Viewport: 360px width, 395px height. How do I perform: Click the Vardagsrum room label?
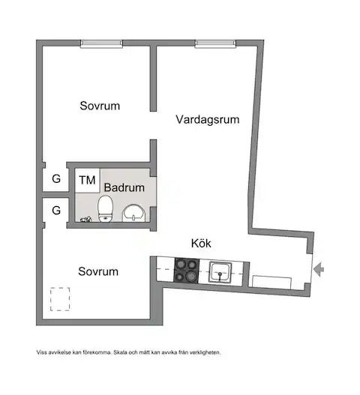pos(208,119)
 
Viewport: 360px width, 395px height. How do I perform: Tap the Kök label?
pos(201,244)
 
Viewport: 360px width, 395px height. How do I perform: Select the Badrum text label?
pos(124,187)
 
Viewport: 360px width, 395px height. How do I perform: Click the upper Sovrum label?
pos(100,106)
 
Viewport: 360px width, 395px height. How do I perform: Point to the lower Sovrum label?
pos(98,271)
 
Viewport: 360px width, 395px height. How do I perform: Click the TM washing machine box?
pos(87,181)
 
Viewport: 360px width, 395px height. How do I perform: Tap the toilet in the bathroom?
pos(105,209)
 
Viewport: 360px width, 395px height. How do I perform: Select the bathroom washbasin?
pos(133,214)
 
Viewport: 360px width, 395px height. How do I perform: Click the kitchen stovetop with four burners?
pos(187,271)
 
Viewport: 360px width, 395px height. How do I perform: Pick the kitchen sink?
pos(220,272)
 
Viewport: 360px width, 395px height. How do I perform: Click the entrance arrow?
pos(319,269)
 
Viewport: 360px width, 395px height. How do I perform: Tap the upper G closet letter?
pos(56,179)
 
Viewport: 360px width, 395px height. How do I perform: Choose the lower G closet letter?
pos(56,210)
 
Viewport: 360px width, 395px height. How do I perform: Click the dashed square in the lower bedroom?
pos(50,299)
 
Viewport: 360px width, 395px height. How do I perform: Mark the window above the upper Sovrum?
pos(101,43)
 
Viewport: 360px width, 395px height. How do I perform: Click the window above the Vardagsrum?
pos(215,43)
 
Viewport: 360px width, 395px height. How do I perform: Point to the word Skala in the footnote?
pos(121,352)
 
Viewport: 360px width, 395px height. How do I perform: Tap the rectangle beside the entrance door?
pos(271,282)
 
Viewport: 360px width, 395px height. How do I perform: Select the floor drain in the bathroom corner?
pos(85,220)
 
